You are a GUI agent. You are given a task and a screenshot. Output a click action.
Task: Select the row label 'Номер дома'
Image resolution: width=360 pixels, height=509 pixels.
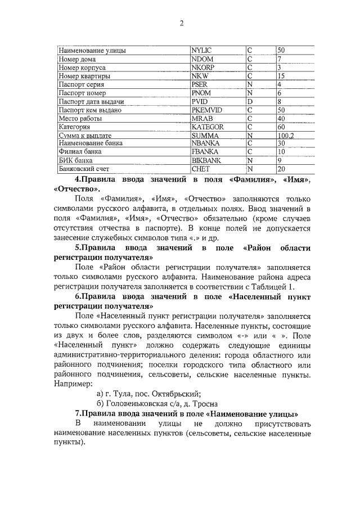coord(77,59)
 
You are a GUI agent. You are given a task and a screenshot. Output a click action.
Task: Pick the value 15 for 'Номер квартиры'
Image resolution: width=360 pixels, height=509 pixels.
coord(281,76)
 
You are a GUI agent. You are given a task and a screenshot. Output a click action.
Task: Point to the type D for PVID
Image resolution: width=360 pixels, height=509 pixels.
coord(249,101)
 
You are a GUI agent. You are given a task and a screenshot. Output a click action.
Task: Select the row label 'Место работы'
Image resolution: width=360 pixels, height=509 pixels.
coord(80,119)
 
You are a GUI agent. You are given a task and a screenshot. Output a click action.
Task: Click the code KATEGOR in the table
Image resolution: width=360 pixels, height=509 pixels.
coord(208,127)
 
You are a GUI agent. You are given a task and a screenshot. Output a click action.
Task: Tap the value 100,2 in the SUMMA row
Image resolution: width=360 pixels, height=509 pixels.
coord(286,136)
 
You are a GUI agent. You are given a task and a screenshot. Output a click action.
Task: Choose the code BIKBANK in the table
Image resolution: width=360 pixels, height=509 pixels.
coord(206,160)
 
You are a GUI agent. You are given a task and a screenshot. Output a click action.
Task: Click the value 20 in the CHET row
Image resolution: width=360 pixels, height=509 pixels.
coord(281,169)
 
